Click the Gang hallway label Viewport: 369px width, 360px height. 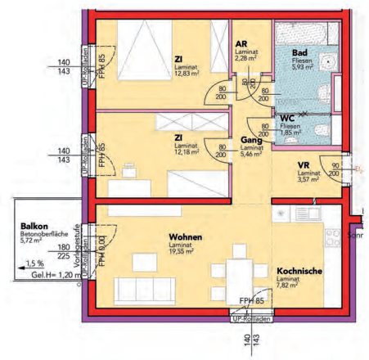coord(250,141)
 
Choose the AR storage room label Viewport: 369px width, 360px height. coord(241,44)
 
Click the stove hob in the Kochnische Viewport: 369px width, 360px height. coord(333,239)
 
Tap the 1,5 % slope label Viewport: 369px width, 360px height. coord(34,263)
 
